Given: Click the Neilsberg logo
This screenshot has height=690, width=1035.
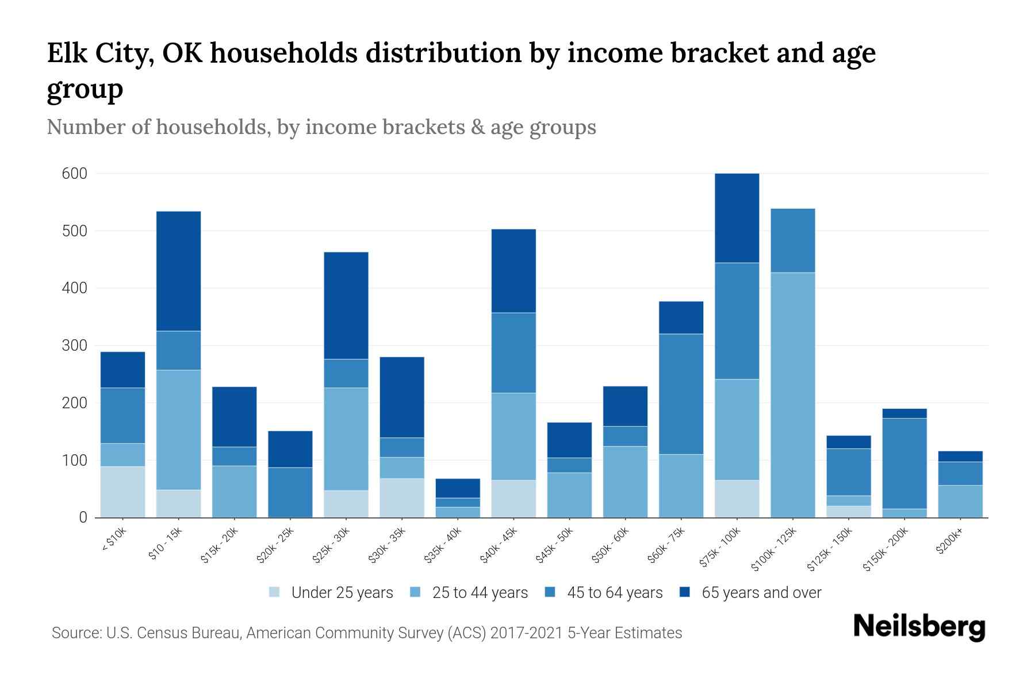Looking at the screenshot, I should click(x=919, y=627).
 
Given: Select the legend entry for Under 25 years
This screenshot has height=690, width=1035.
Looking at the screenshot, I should click(x=332, y=593).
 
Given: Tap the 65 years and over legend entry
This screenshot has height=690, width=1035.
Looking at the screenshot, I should click(x=750, y=593).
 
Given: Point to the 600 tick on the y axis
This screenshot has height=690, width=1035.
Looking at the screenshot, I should click(x=74, y=174).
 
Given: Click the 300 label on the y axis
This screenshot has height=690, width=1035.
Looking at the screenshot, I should click(x=74, y=346).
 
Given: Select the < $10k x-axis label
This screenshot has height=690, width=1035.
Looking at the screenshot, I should click(x=114, y=540).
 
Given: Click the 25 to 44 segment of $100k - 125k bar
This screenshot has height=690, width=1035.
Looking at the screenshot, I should click(x=792, y=394).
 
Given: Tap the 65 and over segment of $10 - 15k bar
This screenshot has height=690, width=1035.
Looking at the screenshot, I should click(x=178, y=271).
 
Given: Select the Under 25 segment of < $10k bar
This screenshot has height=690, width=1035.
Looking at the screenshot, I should click(x=122, y=492).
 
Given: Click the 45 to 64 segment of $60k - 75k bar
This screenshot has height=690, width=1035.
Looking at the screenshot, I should click(x=681, y=394).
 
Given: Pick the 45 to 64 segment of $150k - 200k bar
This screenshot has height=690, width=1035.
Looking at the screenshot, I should click(x=904, y=463).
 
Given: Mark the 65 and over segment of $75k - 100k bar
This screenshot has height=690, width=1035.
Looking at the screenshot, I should click(x=737, y=218).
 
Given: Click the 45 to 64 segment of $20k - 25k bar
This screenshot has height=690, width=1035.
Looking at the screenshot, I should click(x=290, y=492).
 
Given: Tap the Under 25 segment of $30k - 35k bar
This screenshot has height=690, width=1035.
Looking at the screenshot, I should click(x=402, y=498).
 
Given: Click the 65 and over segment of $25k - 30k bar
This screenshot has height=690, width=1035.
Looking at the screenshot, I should click(x=346, y=305).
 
